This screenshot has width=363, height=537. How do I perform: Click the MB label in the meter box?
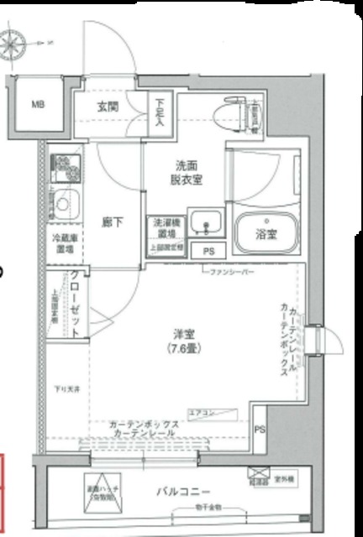(38, 105)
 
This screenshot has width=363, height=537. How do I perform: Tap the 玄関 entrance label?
(108, 107)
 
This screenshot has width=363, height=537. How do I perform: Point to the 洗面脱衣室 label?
(186, 173)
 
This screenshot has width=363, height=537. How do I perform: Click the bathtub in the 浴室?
(266, 231)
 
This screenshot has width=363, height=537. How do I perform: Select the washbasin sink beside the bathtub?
(205, 223)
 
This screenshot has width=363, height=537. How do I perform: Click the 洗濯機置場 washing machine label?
(166, 227)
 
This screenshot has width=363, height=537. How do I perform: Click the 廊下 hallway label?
(112, 222)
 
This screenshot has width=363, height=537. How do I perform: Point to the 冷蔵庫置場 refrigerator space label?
(64, 243)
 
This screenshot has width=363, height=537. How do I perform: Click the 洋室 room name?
(174, 333)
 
